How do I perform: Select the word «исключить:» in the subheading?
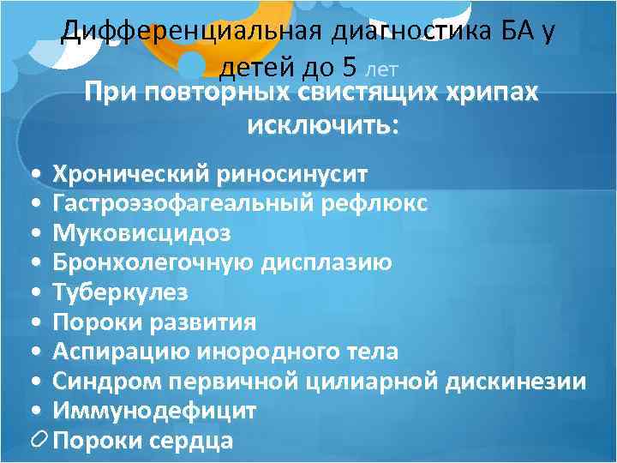click(x=322, y=126)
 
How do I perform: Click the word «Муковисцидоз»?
click(x=141, y=233)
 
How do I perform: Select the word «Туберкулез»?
click(x=121, y=292)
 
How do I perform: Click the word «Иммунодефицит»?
click(x=154, y=411)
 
